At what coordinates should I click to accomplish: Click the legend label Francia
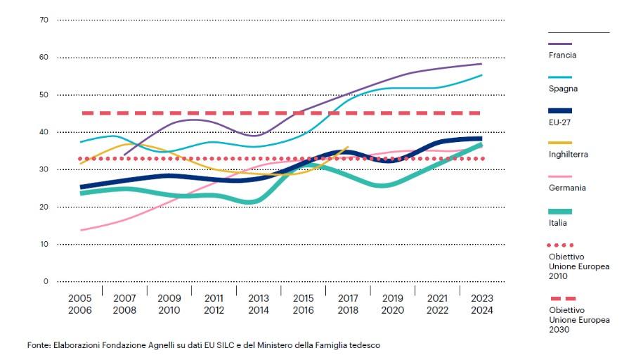coord(562,55)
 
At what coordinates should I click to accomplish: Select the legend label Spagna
coord(563,89)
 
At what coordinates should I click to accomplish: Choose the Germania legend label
coord(567,188)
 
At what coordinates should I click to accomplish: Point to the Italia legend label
coord(558,222)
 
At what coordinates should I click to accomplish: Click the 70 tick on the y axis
coord(44,20)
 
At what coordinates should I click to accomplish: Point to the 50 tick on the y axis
coord(44,94)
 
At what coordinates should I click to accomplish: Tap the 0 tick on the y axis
coord(46,281)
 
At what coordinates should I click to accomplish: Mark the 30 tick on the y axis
coord(44,169)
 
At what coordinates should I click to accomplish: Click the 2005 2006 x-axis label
coord(80,304)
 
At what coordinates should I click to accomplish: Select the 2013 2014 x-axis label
coord(258,304)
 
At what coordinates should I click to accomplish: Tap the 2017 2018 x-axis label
coord(347,304)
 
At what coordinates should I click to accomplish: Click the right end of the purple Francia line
coord(481,64)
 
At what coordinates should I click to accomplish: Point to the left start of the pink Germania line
coord(82,230)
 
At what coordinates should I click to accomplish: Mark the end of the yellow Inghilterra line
coord(348,147)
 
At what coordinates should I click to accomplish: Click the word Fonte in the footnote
coord(39,345)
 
